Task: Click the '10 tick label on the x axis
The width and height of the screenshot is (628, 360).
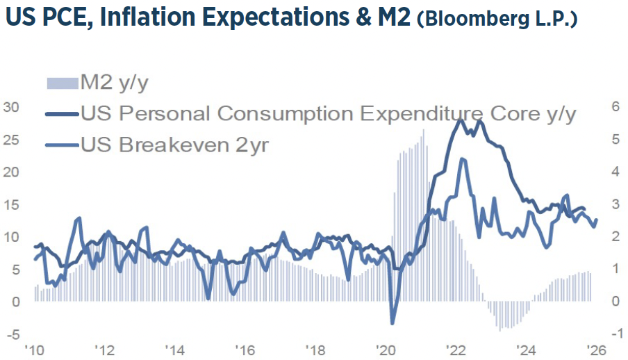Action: [x=35, y=350]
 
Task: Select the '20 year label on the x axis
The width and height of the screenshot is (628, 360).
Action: [x=386, y=350]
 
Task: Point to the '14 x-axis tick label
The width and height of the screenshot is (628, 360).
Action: [x=175, y=350]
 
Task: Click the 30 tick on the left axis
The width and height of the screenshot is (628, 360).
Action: [x=12, y=107]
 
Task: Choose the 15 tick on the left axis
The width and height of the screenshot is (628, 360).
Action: [x=12, y=204]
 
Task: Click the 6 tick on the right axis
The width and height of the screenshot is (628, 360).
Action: [x=615, y=107]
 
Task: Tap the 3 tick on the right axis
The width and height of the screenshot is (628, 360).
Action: [x=615, y=204]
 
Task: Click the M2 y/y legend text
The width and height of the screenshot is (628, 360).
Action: [x=115, y=84]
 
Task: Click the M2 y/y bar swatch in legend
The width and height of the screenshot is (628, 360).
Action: [x=63, y=84]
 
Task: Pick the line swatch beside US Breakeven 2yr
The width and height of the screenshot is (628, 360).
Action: [x=63, y=145]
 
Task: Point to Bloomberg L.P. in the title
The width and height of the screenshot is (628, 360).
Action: [x=497, y=19]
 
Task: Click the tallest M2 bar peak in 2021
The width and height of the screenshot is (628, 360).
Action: [x=423, y=130]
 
